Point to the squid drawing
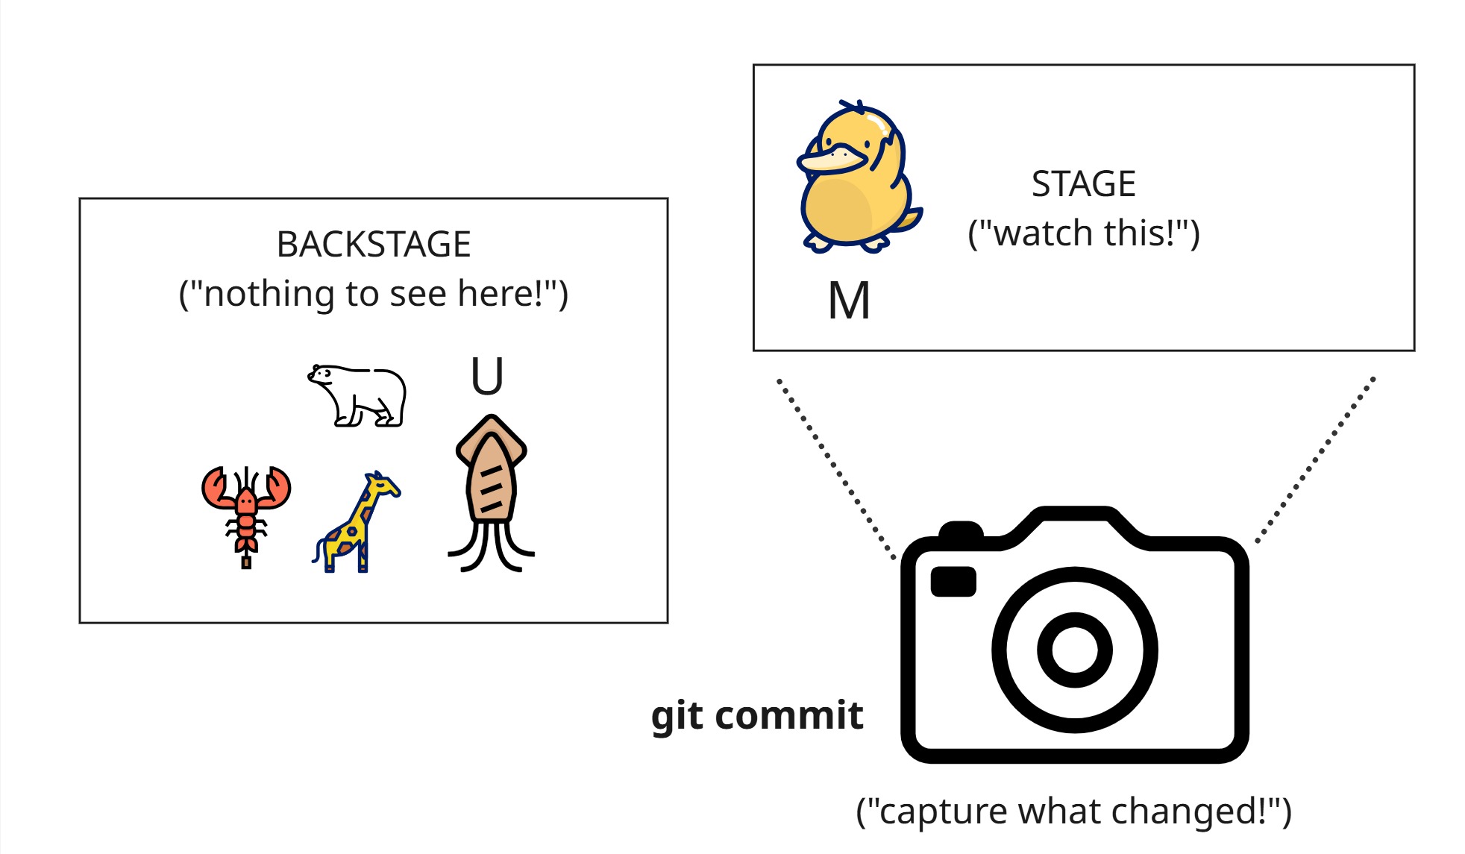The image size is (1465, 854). (491, 492)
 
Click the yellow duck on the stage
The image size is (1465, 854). (858, 179)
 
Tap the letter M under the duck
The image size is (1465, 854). (849, 301)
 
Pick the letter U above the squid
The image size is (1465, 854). (487, 377)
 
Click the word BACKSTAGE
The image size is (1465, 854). (374, 245)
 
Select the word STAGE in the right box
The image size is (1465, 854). (1083, 184)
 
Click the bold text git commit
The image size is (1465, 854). (757, 716)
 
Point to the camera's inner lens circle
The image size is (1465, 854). (1074, 650)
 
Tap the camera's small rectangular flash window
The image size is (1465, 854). (953, 582)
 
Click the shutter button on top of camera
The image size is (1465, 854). (961, 530)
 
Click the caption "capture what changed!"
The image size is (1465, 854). (1073, 811)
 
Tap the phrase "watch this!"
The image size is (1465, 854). (1083, 233)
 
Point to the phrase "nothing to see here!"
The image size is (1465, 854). (374, 294)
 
